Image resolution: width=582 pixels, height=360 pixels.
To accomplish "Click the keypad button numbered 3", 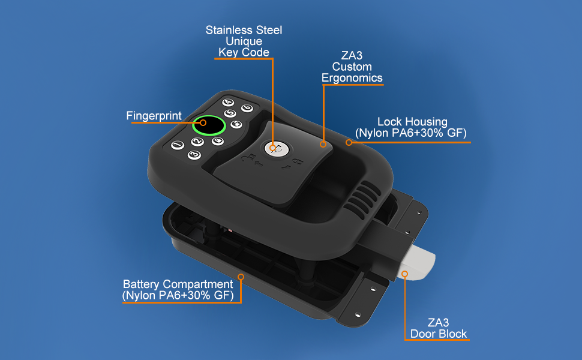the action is pyautogui.click(x=194, y=155).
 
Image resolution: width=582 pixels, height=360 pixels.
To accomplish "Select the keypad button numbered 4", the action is pyautogui.click(x=228, y=102).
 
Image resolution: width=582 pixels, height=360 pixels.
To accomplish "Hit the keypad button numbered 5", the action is pyautogui.click(x=229, y=113).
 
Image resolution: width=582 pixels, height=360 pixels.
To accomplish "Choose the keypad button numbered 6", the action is pyautogui.click(x=246, y=108).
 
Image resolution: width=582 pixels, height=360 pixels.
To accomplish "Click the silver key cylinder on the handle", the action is pyautogui.click(x=274, y=148).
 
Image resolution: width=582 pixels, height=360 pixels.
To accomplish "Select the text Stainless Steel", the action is pyautogui.click(x=244, y=30).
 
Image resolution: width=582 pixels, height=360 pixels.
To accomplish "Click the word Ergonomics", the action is pyautogui.click(x=352, y=78).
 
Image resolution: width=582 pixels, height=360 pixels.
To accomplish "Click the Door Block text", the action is pyautogui.click(x=437, y=334).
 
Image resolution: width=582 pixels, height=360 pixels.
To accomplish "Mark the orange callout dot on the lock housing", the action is pyautogui.click(x=349, y=143).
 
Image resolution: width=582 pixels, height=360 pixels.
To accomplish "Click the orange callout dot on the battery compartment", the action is pyautogui.click(x=241, y=277).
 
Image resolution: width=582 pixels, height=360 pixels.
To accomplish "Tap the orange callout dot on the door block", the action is pyautogui.click(x=404, y=274).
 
